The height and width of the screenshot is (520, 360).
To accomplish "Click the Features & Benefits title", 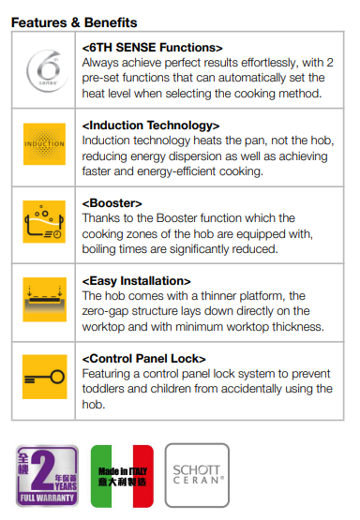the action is [x=74, y=22].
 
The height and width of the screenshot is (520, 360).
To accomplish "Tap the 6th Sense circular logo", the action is [x=47, y=70].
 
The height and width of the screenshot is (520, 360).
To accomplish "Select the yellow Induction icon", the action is [x=44, y=144].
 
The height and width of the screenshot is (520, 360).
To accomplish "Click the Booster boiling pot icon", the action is [x=44, y=221].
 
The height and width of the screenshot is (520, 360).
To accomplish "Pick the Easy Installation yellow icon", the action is [x=44, y=300].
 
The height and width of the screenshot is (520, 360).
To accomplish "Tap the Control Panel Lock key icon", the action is [x=44, y=377].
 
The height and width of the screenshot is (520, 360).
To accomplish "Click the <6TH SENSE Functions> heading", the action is [x=152, y=48].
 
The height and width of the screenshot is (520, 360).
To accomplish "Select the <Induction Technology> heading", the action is [x=151, y=126].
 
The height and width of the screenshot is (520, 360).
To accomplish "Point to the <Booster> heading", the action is [x=112, y=203].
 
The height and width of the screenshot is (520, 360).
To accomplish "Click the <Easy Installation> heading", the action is [x=136, y=281].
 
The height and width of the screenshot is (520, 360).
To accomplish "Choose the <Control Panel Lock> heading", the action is [x=144, y=359].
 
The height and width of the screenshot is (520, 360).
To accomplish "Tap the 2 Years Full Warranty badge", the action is [x=47, y=476].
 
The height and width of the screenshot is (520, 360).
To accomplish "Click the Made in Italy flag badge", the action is [x=122, y=476].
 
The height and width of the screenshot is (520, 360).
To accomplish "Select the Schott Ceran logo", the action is [x=197, y=475].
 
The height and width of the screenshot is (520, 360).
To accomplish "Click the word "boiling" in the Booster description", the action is [x=98, y=249].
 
